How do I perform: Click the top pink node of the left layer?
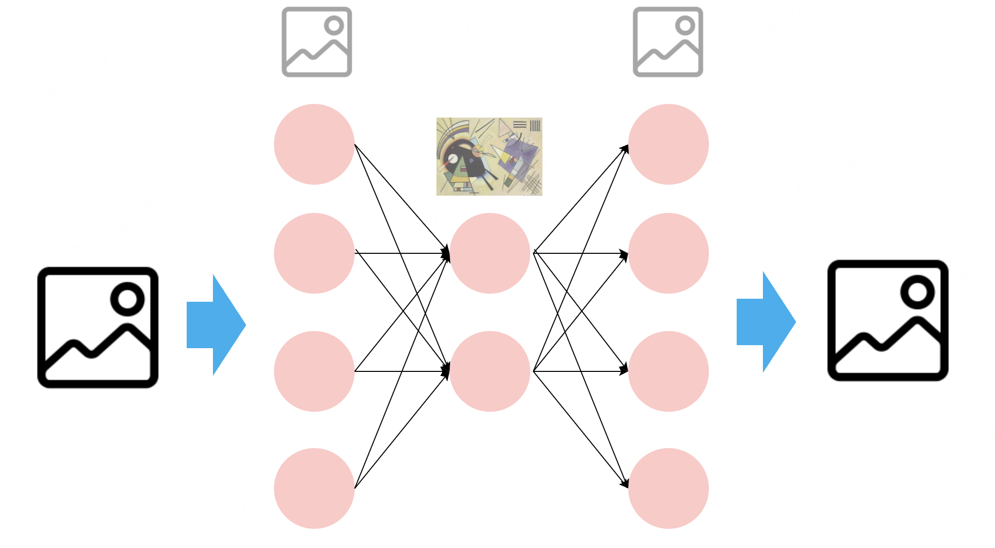pyautogui.click(x=314, y=144)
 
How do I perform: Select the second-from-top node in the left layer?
pyautogui.click(x=314, y=253)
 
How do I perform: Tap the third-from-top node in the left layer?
pyautogui.click(x=314, y=371)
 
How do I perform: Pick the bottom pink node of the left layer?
pyautogui.click(x=314, y=488)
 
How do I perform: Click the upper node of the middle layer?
pyautogui.click(x=489, y=253)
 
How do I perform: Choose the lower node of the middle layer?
pyautogui.click(x=489, y=371)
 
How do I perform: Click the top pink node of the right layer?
pyautogui.click(x=668, y=144)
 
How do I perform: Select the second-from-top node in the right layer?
pyautogui.click(x=668, y=253)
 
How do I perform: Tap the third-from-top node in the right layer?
pyautogui.click(x=668, y=371)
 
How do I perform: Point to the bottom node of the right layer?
pyautogui.click(x=668, y=488)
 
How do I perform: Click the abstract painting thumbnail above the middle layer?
pyautogui.click(x=489, y=156)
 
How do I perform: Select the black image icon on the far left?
pyautogui.click(x=98, y=327)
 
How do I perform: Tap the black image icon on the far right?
pyautogui.click(x=888, y=320)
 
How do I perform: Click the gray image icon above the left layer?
pyautogui.click(x=316, y=42)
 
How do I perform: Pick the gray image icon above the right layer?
pyautogui.click(x=668, y=42)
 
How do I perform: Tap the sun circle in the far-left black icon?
pyautogui.click(x=127, y=299)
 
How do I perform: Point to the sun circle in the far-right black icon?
pyautogui.click(x=917, y=292)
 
